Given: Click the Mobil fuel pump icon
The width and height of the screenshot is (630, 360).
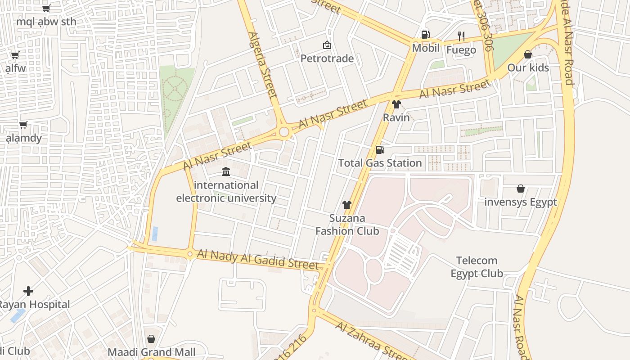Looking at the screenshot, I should [425, 35].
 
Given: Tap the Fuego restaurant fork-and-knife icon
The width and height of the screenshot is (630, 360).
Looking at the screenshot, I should [461, 36].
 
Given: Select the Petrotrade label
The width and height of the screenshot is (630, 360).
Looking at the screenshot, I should [327, 58].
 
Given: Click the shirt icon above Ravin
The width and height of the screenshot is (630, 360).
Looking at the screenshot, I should [396, 104].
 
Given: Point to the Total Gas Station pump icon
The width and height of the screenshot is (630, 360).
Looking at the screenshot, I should [380, 149].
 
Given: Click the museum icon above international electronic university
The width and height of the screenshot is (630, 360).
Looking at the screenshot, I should [226, 171].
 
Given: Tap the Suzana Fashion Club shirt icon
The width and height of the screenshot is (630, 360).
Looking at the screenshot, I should [346, 205].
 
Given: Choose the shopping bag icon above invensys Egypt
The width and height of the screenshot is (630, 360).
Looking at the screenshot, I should [521, 189].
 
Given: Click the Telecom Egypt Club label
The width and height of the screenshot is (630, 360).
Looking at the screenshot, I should [477, 267].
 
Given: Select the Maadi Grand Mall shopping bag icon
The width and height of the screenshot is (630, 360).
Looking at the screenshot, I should [151, 338].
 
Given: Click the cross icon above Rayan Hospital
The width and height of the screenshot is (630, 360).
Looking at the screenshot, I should [28, 291].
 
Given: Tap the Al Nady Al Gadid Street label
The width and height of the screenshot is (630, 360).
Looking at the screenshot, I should [258, 260].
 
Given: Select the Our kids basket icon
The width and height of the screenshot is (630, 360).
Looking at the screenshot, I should [528, 54].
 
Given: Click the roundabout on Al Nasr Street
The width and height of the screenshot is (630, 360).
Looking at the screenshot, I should [284, 132].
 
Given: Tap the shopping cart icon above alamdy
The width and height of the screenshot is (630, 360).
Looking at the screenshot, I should [23, 125].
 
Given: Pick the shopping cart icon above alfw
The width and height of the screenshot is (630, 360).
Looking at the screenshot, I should [15, 55].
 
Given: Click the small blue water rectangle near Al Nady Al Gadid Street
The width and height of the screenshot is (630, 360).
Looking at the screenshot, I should [155, 234].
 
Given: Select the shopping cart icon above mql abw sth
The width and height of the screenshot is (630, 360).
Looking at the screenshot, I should [46, 8].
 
